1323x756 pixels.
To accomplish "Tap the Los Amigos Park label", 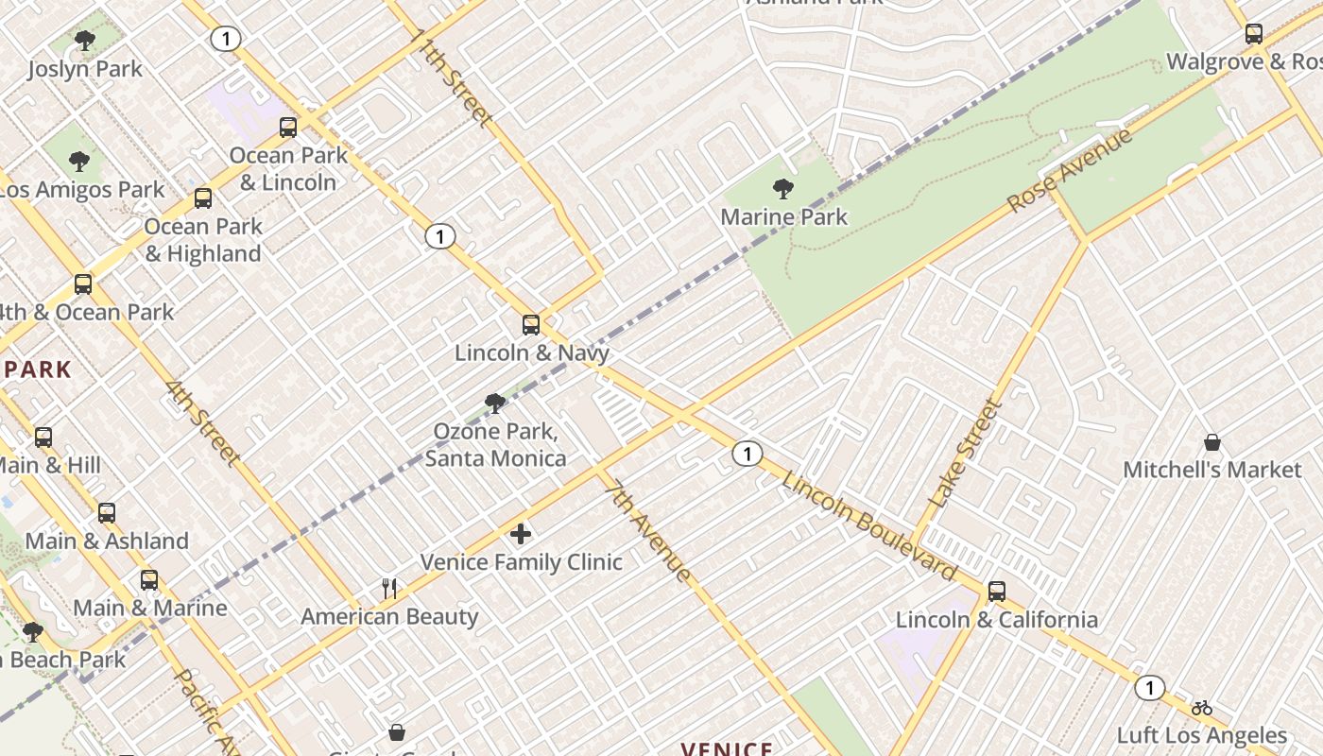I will coord(82,189).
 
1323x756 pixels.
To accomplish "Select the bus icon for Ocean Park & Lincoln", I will coord(288,128).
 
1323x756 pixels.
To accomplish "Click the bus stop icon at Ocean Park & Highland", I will coord(203,198).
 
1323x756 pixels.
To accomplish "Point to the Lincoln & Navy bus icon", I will coord(531,325).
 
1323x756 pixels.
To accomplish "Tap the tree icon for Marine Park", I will coord(782,189).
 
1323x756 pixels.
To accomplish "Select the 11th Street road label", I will coord(452,77).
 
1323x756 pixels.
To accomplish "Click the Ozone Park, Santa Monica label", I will coord(495,445).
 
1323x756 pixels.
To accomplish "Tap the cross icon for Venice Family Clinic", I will coord(521,535).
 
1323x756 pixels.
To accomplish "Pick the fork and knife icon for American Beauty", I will coord(389,589).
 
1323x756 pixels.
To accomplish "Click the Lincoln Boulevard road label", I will coord(869,525).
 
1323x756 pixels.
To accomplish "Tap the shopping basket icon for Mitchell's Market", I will coord(1211,442).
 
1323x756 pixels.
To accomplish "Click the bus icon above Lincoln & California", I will coord(996,592).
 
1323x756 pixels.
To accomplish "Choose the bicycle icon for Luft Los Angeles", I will coord(1201,708).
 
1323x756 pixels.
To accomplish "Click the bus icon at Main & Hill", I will coord(43,438).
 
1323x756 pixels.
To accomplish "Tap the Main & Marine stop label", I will coord(150,608).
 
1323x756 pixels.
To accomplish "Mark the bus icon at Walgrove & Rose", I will coord(1253,34).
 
